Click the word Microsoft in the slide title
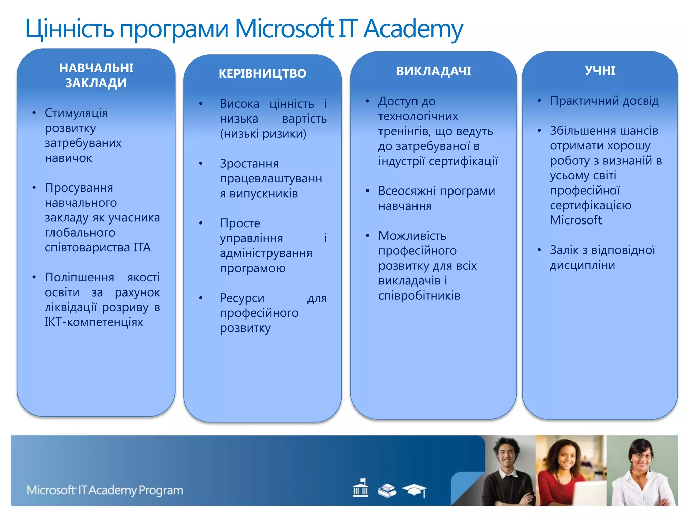[x=284, y=29]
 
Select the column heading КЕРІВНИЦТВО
[x=262, y=73]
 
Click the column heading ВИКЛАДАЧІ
[x=433, y=71]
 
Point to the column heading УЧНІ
[x=600, y=71]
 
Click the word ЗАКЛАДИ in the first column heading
[x=96, y=83]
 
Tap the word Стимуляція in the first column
[x=76, y=113]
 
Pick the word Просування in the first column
[x=79, y=188]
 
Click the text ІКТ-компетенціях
[x=94, y=322]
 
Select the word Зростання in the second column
[x=249, y=164]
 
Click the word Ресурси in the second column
[x=242, y=298]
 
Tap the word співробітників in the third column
[x=419, y=296]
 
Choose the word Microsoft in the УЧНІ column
[x=576, y=220]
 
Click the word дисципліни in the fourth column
[x=583, y=265]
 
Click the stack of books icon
[x=387, y=490]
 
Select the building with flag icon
[x=360, y=488]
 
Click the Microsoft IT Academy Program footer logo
[x=105, y=490]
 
